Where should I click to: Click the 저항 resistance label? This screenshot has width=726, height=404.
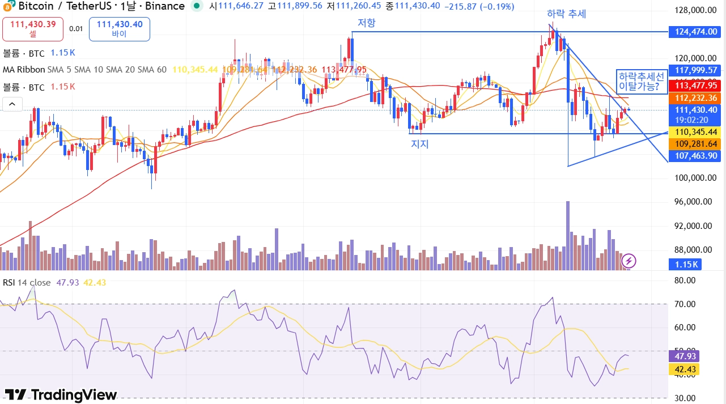366,23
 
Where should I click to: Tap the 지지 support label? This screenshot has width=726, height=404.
419,144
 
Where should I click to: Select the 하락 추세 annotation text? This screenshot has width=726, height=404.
566,14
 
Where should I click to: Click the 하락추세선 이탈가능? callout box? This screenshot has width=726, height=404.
641,82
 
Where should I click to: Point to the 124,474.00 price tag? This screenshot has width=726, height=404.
696,32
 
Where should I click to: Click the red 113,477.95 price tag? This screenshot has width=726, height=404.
696,86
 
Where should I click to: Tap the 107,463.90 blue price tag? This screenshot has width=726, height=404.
696,156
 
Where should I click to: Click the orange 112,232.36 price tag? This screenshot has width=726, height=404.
696,97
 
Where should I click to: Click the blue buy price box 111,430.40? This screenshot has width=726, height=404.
119,29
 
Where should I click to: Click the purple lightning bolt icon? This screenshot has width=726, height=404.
629,261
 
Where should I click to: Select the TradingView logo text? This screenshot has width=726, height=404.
61,395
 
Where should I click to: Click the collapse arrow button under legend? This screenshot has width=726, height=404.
12,104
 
